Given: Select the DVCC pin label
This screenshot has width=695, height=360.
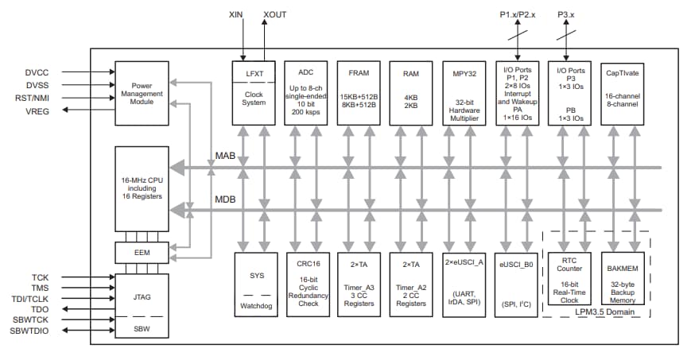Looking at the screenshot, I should [x=37, y=72].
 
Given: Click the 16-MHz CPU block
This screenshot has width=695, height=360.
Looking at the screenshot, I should [x=141, y=189].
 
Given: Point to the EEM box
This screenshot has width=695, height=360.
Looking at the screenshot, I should [x=141, y=252].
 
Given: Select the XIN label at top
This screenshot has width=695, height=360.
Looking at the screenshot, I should [x=236, y=14].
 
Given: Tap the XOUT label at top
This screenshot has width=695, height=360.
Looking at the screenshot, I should [x=274, y=14].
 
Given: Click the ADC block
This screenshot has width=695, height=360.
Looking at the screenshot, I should [x=305, y=92].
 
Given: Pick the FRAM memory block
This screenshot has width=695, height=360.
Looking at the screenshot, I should [x=358, y=92].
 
